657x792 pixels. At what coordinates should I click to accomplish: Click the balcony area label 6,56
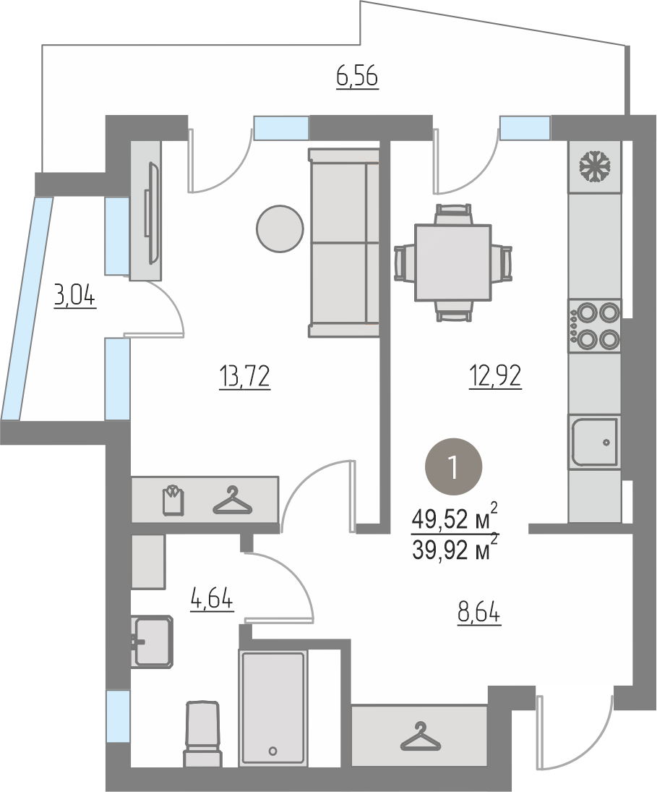coord(357,78)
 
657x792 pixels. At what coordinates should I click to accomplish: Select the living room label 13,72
coord(245,376)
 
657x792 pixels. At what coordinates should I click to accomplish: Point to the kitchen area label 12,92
coord(495,376)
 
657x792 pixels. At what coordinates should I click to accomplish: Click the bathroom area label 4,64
coord(212,600)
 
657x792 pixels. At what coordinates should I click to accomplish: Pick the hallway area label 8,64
coord(479,614)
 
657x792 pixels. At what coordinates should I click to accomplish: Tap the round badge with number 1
coord(454,467)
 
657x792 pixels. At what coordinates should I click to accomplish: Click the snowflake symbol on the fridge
coord(594,166)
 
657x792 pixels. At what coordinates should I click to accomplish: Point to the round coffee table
coord(280,229)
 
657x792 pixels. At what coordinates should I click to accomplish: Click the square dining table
coord(452,263)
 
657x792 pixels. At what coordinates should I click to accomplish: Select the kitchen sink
coord(594,441)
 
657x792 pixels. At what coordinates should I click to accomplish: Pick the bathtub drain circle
coord(273,751)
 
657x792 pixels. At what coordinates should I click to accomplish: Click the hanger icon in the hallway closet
coord(421,736)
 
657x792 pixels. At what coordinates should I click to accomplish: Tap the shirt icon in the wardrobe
coord(173,500)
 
